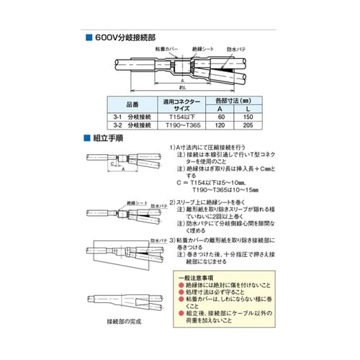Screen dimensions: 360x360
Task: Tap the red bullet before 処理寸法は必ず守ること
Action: pos(180,294)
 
